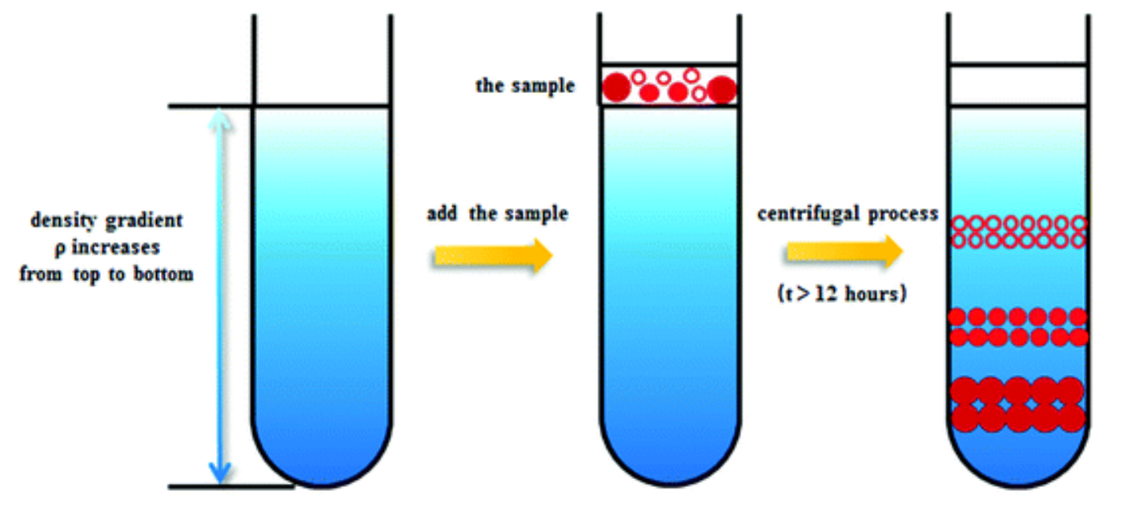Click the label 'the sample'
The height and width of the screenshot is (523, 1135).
click(x=525, y=86)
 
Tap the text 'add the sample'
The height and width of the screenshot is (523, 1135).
click(x=497, y=214)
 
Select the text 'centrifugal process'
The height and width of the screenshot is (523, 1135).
click(x=847, y=214)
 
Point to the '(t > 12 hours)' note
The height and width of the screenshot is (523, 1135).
click(x=841, y=293)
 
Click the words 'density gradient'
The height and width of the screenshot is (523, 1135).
click(x=106, y=221)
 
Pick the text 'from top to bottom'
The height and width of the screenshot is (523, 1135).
click(x=106, y=274)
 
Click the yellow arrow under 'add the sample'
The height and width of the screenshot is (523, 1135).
click(x=493, y=255)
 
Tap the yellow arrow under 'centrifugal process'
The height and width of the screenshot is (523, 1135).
click(x=844, y=251)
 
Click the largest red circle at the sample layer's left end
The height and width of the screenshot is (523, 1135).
click(x=617, y=86)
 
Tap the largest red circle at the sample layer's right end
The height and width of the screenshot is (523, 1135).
click(x=720, y=89)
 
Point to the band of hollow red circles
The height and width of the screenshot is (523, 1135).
click(x=1018, y=231)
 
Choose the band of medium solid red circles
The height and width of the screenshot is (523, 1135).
click(x=1018, y=327)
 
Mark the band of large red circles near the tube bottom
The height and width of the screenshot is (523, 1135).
click(x=1018, y=404)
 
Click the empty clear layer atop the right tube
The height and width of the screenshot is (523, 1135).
click(x=1018, y=86)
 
